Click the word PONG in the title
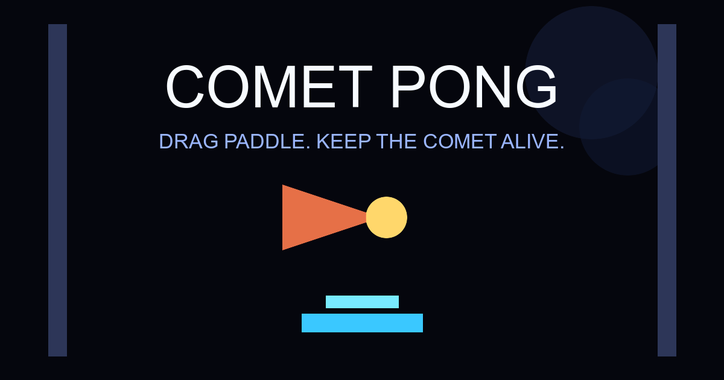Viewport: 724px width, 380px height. coord(474,87)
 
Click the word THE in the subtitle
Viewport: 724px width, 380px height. coord(395,142)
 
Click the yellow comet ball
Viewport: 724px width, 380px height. coord(386,217)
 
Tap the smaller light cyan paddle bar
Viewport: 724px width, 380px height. coord(362,302)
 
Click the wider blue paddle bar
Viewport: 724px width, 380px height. coord(362,323)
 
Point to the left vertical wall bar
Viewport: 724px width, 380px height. coord(57,190)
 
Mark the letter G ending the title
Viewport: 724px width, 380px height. coord(537,87)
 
